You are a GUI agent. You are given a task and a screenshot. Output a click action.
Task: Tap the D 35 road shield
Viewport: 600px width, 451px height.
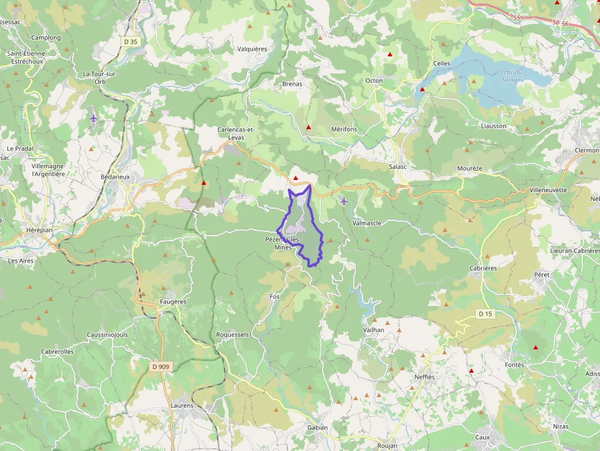point(130,42)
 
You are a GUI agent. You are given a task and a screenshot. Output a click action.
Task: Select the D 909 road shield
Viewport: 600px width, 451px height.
point(160,367)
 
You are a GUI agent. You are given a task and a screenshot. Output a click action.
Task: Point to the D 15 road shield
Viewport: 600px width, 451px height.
point(486,314)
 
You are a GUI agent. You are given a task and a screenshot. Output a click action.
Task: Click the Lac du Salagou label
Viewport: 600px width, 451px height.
point(512,75)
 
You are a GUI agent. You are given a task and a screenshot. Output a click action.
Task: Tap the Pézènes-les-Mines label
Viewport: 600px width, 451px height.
point(283,243)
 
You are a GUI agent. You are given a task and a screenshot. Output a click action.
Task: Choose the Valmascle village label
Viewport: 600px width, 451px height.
point(367,223)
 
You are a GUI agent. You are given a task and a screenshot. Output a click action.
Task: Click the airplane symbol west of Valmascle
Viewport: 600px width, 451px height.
point(343,201)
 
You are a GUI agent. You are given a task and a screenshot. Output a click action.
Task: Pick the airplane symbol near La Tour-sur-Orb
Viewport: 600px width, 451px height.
point(93,117)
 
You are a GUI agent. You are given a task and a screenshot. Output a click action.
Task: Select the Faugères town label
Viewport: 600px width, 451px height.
point(173,302)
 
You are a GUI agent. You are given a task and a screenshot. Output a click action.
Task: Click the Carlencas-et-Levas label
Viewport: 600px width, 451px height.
point(235,133)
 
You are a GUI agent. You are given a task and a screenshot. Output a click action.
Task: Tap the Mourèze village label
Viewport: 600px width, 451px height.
point(470,168)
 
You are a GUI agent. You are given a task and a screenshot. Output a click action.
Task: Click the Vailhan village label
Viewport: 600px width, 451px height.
point(373,330)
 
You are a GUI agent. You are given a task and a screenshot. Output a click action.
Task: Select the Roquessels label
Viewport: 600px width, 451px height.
point(233,335)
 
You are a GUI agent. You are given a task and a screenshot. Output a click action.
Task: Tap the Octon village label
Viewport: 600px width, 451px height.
point(373,81)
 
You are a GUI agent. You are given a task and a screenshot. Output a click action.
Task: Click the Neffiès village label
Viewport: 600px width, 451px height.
point(424,377)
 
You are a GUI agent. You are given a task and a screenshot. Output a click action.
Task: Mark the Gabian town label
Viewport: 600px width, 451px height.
point(318,428)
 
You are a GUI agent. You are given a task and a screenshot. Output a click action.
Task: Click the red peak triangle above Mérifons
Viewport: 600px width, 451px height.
point(309,127)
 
